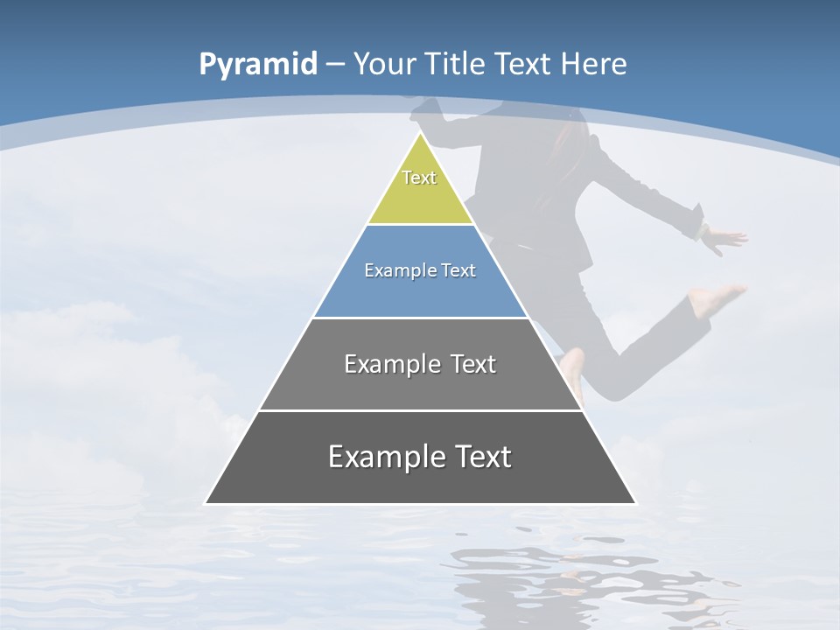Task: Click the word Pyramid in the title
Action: point(257,65)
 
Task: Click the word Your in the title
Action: point(385,64)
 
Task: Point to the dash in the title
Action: point(335,65)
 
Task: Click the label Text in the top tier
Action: point(419,178)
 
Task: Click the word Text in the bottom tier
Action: point(481,457)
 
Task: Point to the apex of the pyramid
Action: point(420,134)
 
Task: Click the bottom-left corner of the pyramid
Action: point(206,503)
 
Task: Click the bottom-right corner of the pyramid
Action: point(635,503)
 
